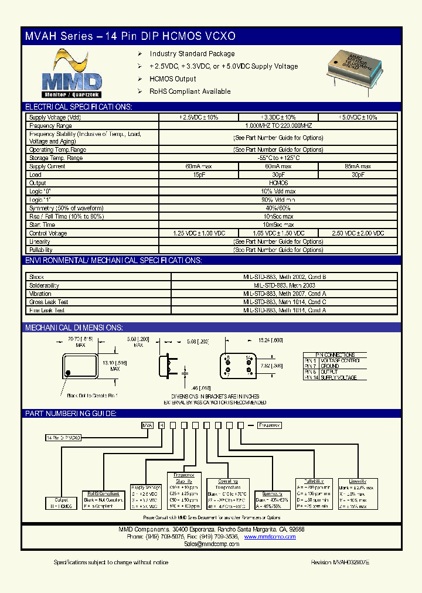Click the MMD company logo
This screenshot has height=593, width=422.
coord(72,73)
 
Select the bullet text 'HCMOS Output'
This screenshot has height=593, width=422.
coord(172,79)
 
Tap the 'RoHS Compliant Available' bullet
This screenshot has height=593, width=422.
coord(190,91)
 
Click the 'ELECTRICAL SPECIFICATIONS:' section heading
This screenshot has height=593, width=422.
coord(78,107)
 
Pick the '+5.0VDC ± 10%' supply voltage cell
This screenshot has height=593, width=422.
coord(358,118)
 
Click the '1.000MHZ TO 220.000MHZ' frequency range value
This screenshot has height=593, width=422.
coord(278,126)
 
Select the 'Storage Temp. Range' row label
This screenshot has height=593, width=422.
coord(56,158)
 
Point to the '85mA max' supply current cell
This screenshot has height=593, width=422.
coord(358,166)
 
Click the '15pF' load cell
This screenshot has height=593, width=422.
coord(199,175)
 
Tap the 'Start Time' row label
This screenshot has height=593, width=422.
coord(42,224)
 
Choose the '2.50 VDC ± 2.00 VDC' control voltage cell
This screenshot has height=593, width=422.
coord(358,233)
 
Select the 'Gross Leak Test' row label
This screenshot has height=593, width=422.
coord(49,302)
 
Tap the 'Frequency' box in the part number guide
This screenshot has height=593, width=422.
coord(269,425)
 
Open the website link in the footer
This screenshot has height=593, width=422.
coord(270,537)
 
